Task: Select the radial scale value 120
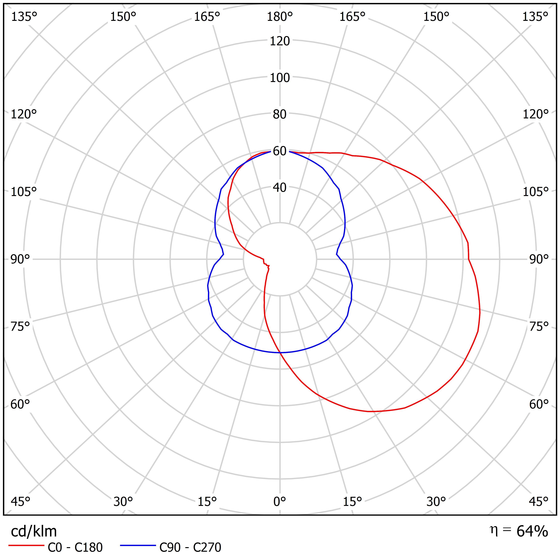[280, 41]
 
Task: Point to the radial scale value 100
[280, 78]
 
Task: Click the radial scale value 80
[280, 114]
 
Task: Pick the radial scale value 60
[280, 151]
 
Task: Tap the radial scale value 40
[280, 188]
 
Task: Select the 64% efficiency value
[532, 531]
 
